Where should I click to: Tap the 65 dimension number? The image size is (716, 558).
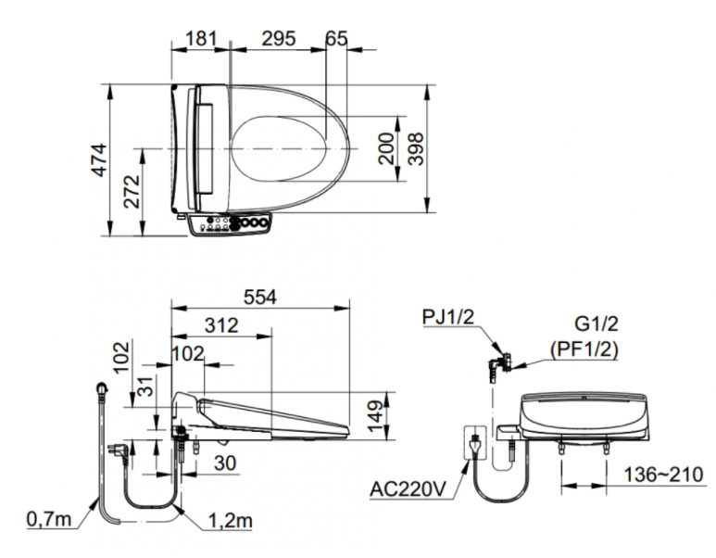pyautogui.click(x=337, y=38)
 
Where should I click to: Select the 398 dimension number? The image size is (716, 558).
pyautogui.click(x=418, y=147)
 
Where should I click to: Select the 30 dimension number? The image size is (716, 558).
pyautogui.click(x=222, y=463)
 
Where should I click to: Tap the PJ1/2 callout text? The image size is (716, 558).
pyautogui.click(x=449, y=316)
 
